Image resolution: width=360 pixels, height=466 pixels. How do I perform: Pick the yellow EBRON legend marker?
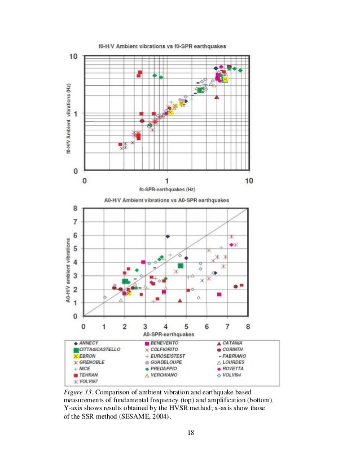(76, 356)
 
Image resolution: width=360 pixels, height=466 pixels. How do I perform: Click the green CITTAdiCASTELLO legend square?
(76, 350)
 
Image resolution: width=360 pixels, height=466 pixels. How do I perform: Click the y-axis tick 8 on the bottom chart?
(76, 208)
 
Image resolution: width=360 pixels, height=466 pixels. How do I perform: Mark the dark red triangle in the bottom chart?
(180, 301)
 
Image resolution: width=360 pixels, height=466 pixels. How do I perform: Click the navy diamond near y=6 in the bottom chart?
(168, 236)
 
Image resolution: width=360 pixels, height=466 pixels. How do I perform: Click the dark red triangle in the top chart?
(217, 97)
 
